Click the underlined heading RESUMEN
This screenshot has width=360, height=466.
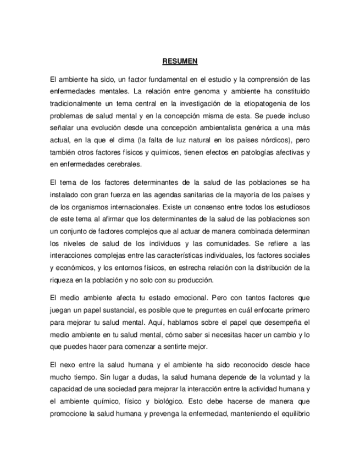[180, 61]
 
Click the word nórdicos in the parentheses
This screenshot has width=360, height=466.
[267, 139]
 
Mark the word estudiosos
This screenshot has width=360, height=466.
[290, 208]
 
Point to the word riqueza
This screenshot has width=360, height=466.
[62, 280]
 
